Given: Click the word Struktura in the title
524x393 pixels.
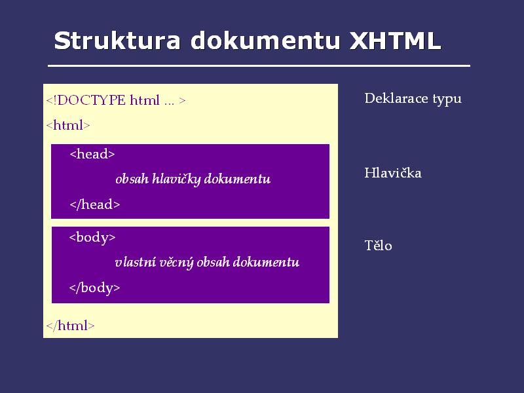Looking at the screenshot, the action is point(117,41).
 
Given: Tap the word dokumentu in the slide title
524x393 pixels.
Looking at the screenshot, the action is point(265,41).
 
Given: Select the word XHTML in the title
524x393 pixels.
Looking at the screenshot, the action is point(395,41).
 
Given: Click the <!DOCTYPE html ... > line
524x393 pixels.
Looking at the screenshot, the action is point(116,100).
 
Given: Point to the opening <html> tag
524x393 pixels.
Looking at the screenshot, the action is point(68,125).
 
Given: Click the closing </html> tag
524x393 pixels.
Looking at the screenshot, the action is point(70,325).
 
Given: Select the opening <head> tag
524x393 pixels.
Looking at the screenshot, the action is point(92,154).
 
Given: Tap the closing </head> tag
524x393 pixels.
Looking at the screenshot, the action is point(95,204).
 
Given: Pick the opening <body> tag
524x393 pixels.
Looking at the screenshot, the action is point(92,237).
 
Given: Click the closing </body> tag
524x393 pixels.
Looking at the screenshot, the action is point(94,288).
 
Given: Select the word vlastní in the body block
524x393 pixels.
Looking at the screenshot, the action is point(136,262).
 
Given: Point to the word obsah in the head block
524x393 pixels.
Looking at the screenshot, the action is point(132,179).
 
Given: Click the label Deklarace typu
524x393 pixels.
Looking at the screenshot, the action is point(413,99).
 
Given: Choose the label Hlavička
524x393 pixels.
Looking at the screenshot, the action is point(393,173).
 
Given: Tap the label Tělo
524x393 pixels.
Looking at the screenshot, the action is point(379,245).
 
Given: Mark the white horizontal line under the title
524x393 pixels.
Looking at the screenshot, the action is point(259,66).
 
